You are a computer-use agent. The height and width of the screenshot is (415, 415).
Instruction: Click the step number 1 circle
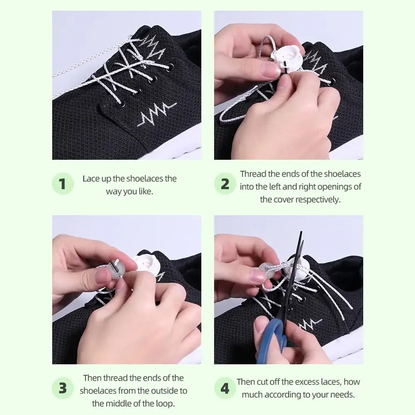pos(63,184)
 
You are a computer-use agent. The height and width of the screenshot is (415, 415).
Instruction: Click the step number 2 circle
pos(225,184)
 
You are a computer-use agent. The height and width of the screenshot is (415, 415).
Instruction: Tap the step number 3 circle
pos(63,388)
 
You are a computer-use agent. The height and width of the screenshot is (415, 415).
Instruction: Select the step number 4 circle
pos(225,388)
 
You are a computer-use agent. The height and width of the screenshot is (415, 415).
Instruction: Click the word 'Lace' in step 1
pos(91,179)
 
